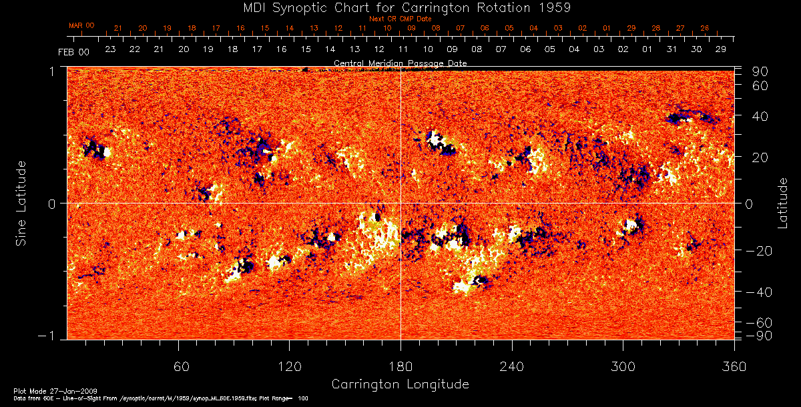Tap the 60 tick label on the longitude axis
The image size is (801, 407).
179,366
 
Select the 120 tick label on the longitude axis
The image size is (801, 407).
290,366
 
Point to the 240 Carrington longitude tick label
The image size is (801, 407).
511,366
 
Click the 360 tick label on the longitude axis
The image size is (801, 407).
734,366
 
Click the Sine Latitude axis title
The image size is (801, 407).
21,203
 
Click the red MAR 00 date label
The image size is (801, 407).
81,25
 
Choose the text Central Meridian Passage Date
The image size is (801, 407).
400,63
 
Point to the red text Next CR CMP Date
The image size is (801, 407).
400,19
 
